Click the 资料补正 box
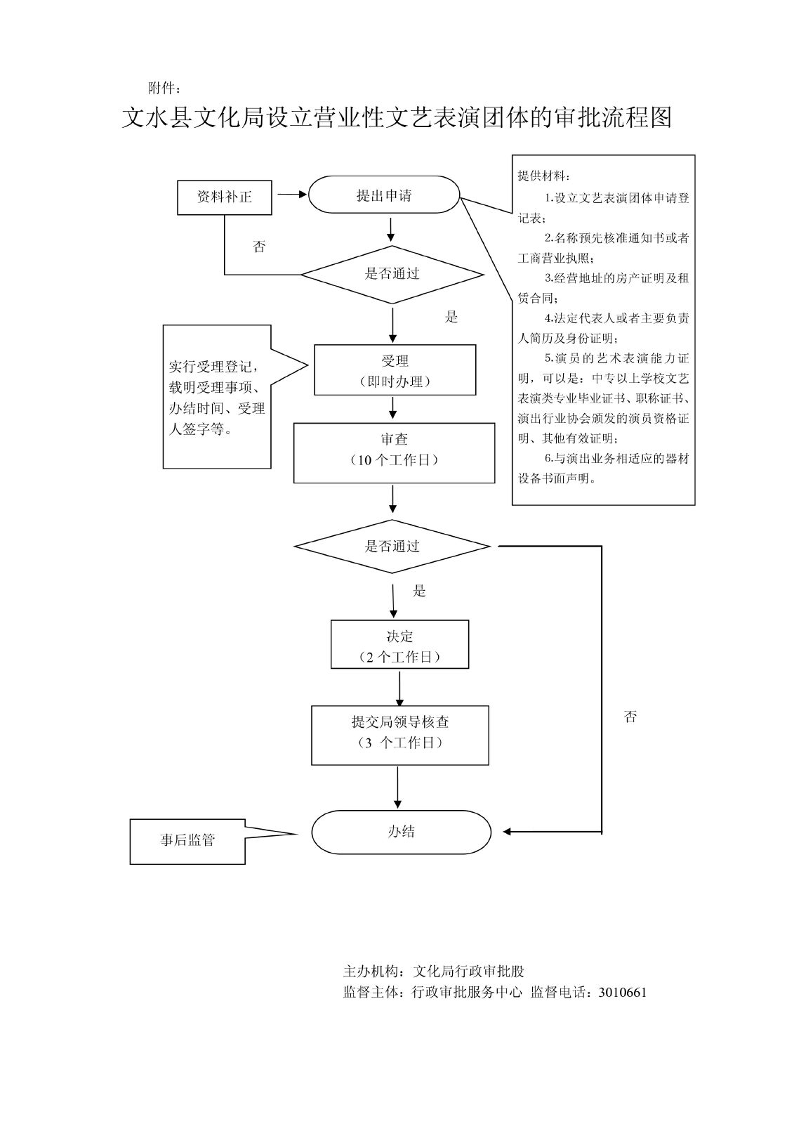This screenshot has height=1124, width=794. (224, 197)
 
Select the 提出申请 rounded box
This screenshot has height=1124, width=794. (384, 195)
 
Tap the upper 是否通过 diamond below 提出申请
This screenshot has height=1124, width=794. (392, 274)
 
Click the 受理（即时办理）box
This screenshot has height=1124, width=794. (395, 370)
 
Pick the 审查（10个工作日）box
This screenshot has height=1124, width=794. (394, 452)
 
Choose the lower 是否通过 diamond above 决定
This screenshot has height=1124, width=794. (392, 547)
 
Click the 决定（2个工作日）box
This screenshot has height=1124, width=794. (399, 645)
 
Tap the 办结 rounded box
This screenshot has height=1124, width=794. (401, 832)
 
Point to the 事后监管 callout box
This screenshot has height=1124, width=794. (187, 841)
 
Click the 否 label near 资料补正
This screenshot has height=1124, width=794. (259, 247)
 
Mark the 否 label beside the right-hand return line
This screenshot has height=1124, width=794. (630, 717)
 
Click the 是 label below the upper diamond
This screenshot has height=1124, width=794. (451, 318)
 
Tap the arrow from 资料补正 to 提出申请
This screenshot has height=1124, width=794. (293, 194)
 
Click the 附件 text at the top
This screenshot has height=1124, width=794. (164, 89)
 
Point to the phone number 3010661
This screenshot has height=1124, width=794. (622, 993)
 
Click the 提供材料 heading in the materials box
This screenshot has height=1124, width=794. (544, 176)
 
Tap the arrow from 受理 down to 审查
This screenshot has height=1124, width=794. (392, 408)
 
